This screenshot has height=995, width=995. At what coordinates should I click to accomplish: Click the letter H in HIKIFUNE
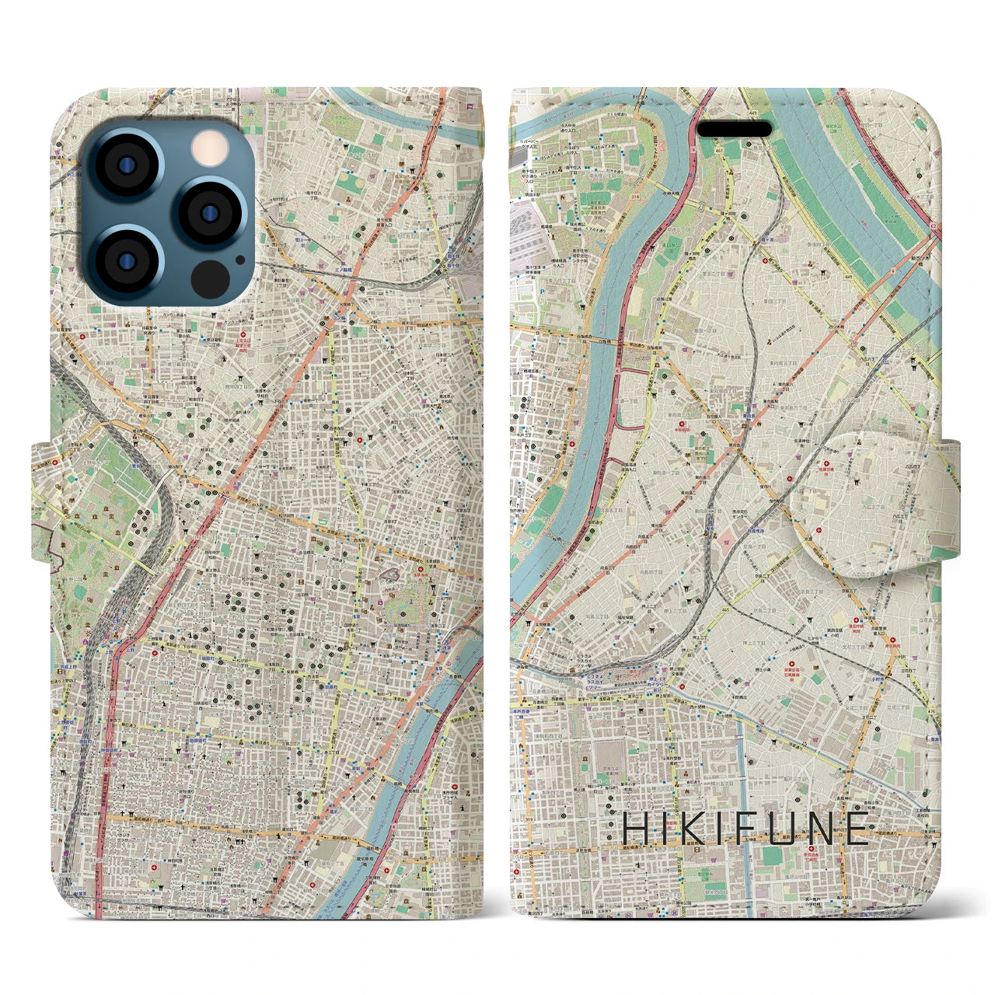pos(635,829)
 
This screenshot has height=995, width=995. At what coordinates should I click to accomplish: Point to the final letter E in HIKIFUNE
pos(858,829)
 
